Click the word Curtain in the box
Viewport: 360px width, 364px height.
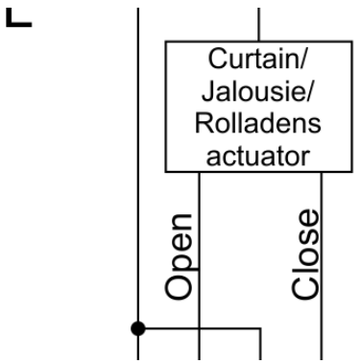[252, 59]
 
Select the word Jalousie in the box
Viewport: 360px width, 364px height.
[252, 90]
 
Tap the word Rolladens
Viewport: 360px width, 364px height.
[258, 123]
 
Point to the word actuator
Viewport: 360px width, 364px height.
[258, 157]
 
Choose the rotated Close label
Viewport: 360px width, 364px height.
[305, 255]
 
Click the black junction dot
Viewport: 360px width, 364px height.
[138, 328]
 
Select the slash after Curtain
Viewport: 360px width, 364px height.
[302, 59]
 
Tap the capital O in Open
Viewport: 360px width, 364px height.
[179, 288]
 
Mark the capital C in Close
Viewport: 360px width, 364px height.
[305, 288]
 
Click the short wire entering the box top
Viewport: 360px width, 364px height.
[259, 25]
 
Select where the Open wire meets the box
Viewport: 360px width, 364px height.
[199, 172]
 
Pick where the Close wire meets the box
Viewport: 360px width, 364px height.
[322, 172]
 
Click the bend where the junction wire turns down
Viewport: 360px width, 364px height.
[261, 328]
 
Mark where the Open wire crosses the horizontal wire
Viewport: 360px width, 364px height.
[199, 328]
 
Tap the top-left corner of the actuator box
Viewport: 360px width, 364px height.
[166, 41]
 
